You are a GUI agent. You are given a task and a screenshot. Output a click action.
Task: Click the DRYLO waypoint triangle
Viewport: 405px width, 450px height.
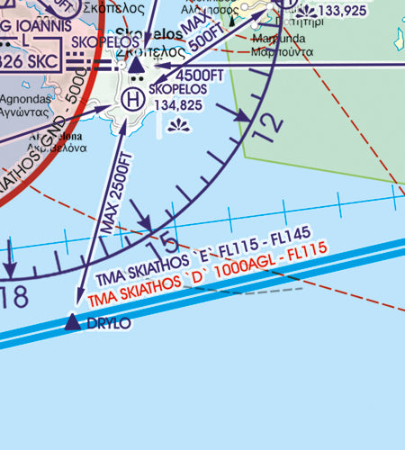(73, 322)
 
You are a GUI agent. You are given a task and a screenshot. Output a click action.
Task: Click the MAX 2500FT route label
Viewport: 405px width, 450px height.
(117, 194)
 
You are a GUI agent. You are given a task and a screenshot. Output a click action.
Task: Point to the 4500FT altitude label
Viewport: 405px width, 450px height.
(190, 76)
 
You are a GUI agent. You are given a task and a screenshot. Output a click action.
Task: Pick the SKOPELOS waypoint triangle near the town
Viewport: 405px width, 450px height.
(135, 65)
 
